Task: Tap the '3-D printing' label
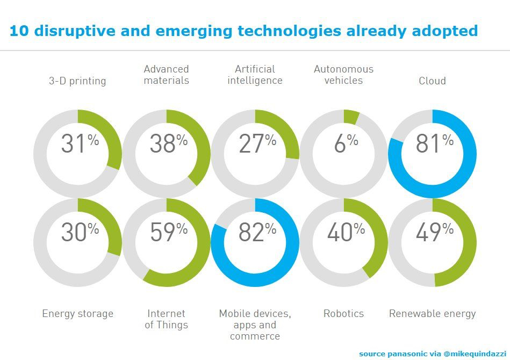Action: point(77,81)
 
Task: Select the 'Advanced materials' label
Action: point(167,75)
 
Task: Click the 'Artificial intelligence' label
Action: point(255,75)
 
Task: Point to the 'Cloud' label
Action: point(432,81)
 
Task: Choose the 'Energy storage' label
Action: point(77,314)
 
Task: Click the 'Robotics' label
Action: point(343,314)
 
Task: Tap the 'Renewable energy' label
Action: point(432,314)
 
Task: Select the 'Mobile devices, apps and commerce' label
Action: point(255,325)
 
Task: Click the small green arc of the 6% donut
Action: point(351,117)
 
